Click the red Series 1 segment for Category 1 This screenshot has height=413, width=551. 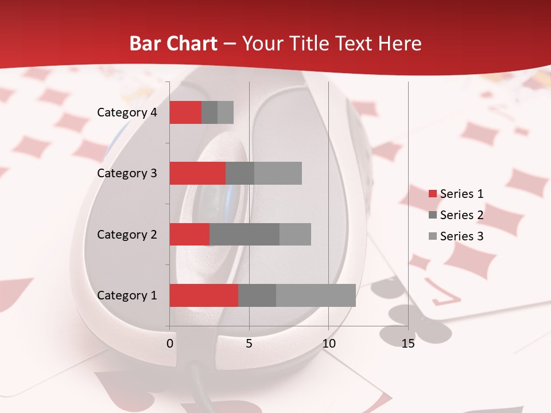(204, 295)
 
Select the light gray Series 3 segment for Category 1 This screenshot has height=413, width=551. (316, 295)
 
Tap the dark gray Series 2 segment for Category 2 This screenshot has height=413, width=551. (245, 234)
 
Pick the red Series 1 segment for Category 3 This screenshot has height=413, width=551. (197, 173)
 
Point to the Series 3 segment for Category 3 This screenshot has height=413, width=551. (278, 173)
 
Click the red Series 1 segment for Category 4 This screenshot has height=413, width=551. (185, 112)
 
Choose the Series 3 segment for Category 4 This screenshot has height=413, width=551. (226, 112)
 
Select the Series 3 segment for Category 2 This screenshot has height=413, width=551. (295, 234)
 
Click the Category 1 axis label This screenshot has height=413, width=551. (127, 295)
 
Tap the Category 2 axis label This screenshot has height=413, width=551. (127, 234)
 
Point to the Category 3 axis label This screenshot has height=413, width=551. (127, 173)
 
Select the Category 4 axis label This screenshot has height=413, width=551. (127, 112)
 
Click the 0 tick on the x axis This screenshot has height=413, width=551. (170, 344)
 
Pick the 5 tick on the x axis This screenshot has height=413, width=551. (249, 344)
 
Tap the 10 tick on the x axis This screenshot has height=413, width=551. (328, 344)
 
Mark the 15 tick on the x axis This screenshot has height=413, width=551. (408, 344)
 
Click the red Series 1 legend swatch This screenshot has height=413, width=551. (432, 194)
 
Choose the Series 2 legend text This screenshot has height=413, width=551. (461, 215)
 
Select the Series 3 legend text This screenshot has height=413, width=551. (461, 236)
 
